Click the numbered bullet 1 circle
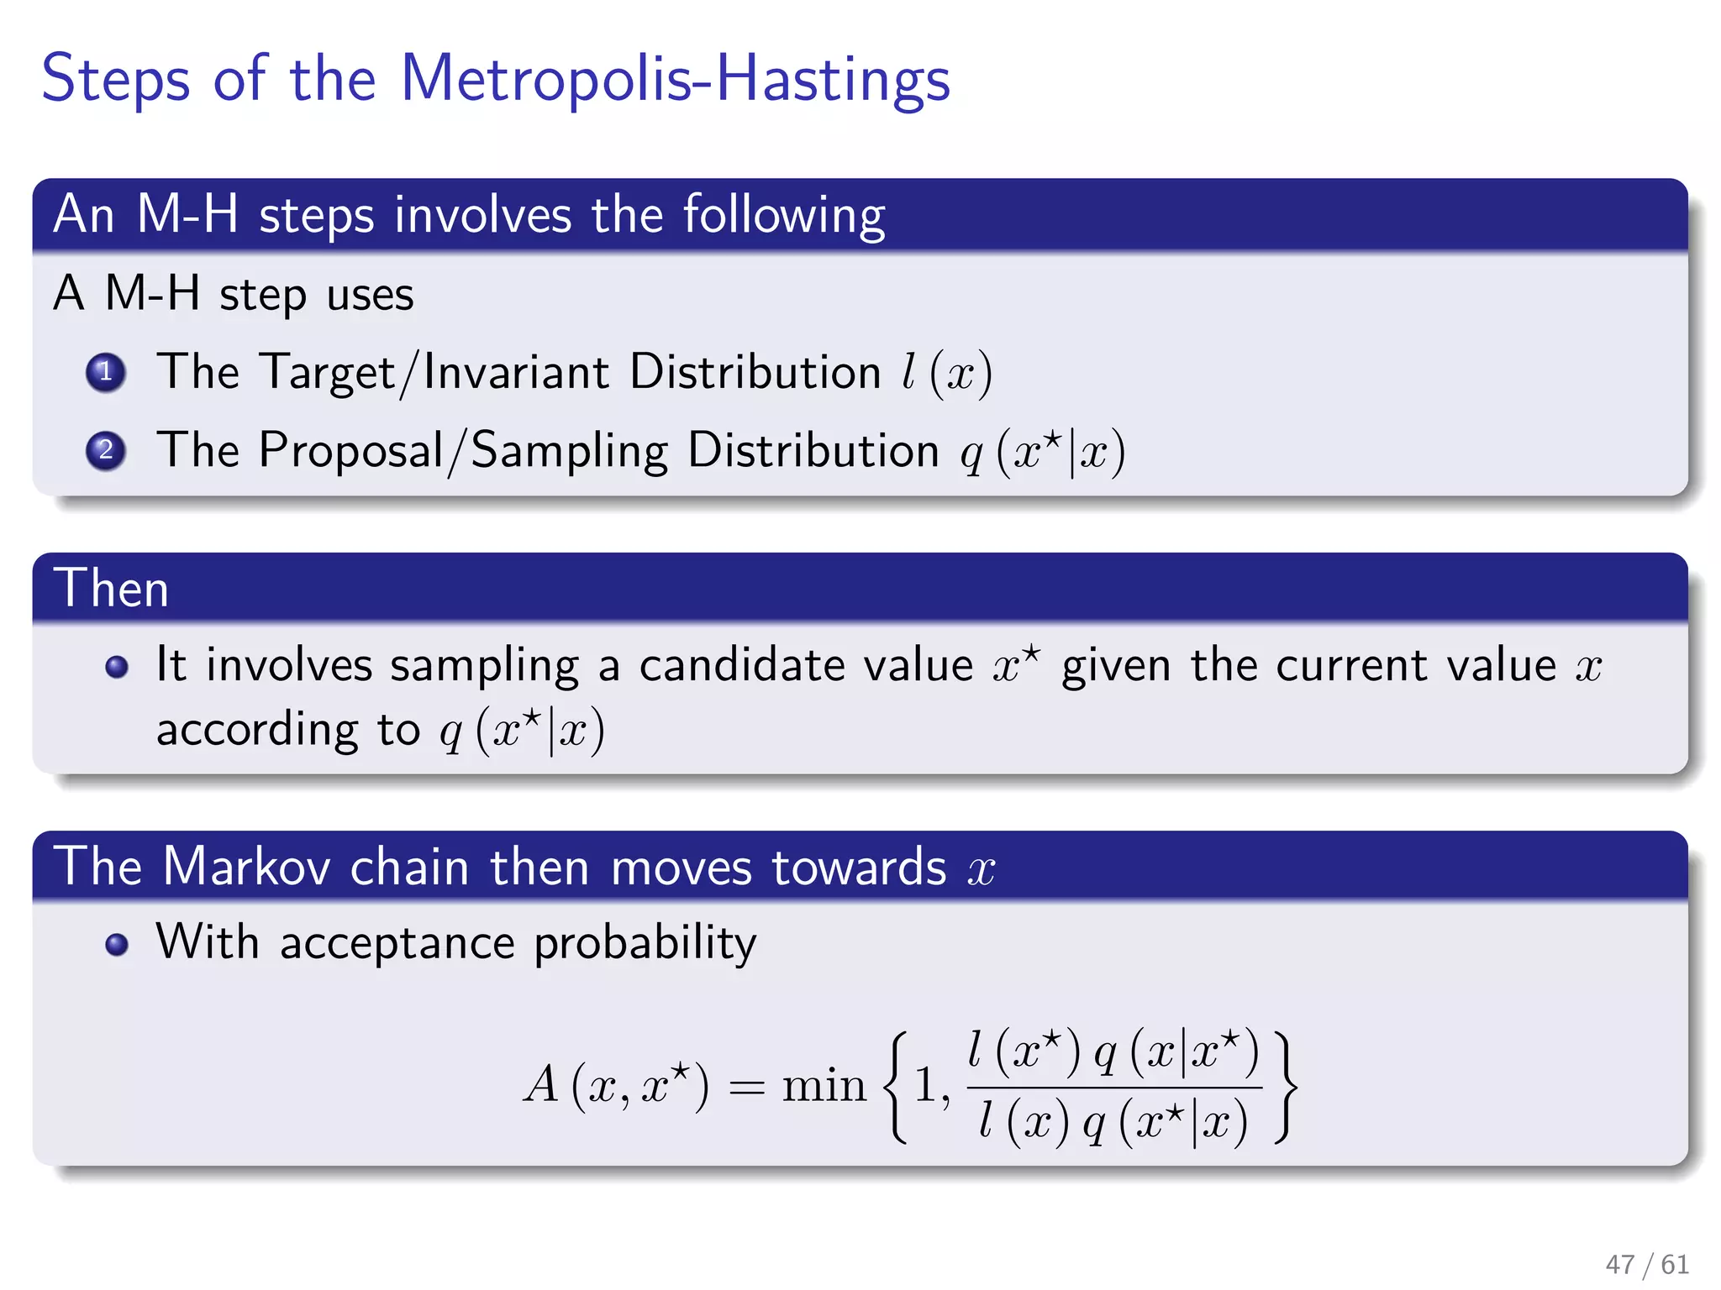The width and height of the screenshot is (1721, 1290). (106, 372)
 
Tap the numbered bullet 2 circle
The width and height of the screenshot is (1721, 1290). (106, 450)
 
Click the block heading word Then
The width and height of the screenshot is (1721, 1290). (112, 588)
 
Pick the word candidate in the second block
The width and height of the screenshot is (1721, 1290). (742, 666)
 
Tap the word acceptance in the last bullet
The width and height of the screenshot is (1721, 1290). (397, 943)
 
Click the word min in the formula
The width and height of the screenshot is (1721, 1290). (824, 1085)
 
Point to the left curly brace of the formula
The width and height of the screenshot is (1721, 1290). (896, 1087)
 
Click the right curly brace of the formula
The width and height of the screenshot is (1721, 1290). (1285, 1087)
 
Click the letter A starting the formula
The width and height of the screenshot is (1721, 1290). (541, 1084)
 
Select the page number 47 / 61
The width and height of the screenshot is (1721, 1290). (1646, 1264)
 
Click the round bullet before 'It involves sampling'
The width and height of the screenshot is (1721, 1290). (117, 667)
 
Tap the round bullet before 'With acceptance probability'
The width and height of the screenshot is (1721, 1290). (117, 944)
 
